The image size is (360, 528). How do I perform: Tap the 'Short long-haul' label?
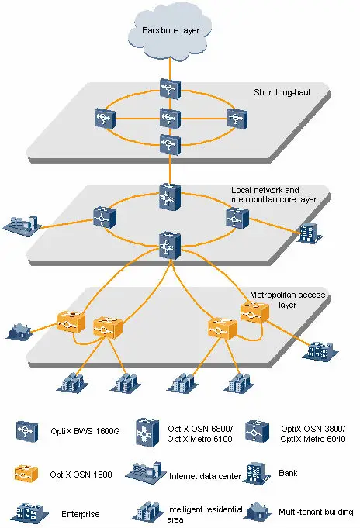point(282,92)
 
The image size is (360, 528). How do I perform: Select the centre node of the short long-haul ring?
point(168,119)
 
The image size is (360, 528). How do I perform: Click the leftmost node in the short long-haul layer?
point(103,119)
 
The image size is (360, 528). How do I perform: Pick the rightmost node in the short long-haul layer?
point(236,119)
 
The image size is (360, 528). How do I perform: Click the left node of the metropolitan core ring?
point(103,217)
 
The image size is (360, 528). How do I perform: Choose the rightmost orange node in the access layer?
point(254,312)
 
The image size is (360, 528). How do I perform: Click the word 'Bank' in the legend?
point(289,471)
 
